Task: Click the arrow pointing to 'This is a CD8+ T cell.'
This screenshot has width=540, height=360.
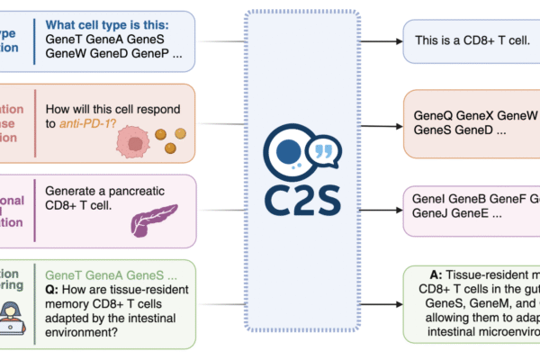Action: (x=383, y=41)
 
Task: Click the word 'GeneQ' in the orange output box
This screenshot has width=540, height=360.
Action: (x=434, y=116)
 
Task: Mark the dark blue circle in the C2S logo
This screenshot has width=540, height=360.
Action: (x=287, y=151)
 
